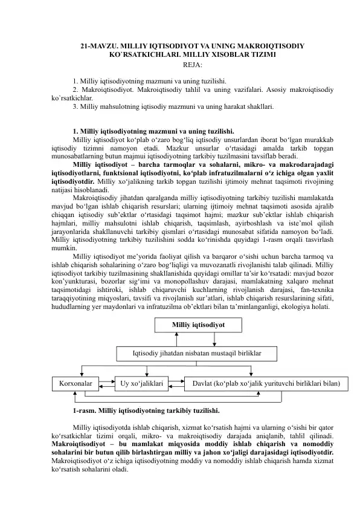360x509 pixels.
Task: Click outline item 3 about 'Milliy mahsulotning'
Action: pos(172,106)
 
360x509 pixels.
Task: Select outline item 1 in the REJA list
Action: pos(149,80)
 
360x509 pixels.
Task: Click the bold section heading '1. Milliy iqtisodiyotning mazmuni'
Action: pos(153,131)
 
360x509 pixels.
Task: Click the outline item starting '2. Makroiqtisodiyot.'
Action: pos(103,89)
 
